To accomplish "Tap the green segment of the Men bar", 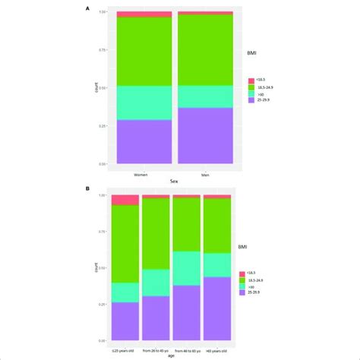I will tap(206, 50).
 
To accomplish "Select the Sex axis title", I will tap(173, 182).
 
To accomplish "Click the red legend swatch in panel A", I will tap(251, 78).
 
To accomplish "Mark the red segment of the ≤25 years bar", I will tap(125, 201).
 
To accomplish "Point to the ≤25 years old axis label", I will tap(125, 350).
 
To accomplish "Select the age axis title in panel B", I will tap(172, 355).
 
